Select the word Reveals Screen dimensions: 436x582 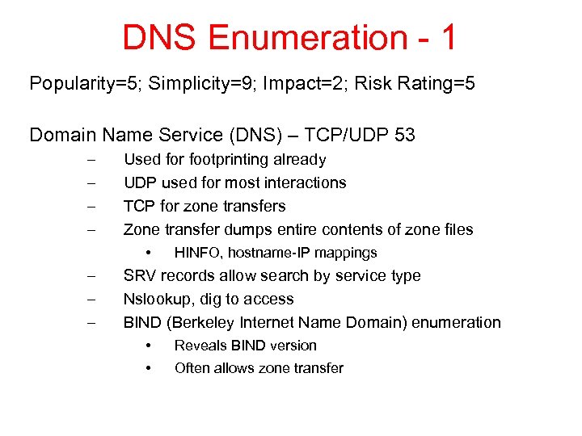[199, 346]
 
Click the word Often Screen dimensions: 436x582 [192, 368]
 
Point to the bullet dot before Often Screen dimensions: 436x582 [150, 368]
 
